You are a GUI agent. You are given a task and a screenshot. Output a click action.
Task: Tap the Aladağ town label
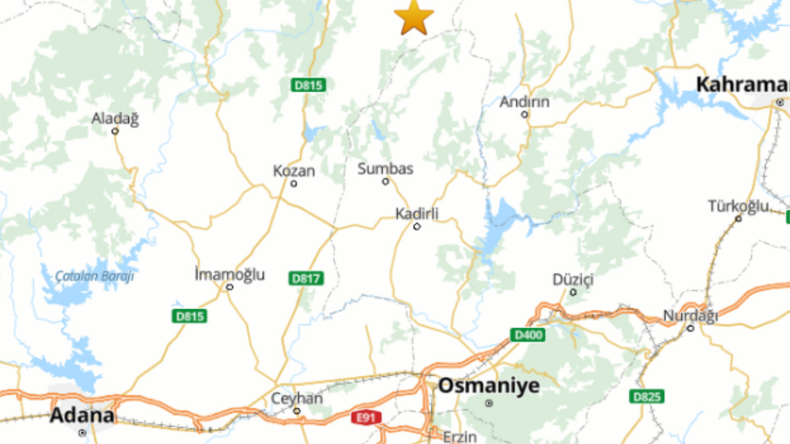(115, 119)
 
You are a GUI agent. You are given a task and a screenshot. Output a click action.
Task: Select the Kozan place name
(294, 172)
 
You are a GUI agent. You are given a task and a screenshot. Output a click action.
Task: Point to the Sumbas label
(385, 169)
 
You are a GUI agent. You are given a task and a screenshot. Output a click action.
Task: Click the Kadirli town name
(417, 214)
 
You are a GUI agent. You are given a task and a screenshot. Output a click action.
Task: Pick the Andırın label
(524, 102)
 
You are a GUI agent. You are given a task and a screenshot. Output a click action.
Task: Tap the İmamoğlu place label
(230, 274)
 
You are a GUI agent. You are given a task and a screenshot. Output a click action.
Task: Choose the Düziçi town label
(573, 280)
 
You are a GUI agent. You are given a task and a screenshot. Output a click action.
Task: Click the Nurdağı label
(690, 316)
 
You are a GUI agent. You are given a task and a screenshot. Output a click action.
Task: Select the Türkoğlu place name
(738, 207)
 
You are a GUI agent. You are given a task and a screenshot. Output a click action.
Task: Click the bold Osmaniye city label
(488, 385)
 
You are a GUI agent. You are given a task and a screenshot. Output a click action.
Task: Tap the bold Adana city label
(82, 416)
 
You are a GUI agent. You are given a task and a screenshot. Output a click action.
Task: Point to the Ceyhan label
(297, 399)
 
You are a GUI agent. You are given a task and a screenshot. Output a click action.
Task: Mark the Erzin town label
(458, 437)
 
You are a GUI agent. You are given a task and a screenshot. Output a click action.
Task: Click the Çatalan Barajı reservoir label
(94, 276)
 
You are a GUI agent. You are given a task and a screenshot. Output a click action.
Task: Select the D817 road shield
(306, 278)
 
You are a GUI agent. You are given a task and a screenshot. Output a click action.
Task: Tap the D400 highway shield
(527, 335)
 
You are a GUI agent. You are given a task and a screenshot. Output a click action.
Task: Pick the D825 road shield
(646, 397)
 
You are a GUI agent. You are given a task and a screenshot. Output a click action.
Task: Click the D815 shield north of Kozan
(309, 85)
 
